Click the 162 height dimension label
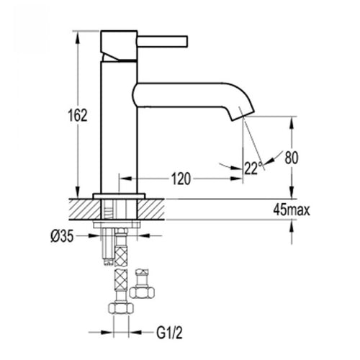[78, 115]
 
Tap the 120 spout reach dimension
[181, 179]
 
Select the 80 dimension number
[292, 158]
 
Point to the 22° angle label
[253, 168]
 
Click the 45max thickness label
[292, 210]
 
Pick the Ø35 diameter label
[62, 237]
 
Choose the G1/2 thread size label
[169, 333]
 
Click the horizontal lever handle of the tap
[162, 41]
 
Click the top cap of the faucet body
[119, 45]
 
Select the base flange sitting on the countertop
[120, 196]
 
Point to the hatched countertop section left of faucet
[85, 210]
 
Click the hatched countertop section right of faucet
[151, 210]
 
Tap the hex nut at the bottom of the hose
[121, 308]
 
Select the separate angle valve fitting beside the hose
[142, 284]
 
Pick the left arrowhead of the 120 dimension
[125, 179]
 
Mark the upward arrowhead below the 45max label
[292, 226]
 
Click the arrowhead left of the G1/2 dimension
[107, 333]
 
